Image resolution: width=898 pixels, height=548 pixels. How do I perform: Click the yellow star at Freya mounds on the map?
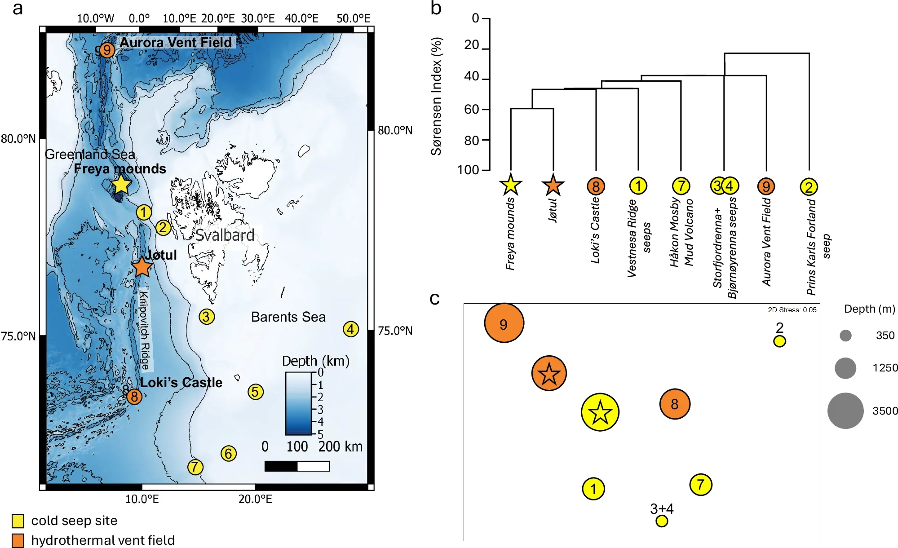click(121, 184)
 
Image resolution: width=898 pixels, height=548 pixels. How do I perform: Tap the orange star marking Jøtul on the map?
click(142, 267)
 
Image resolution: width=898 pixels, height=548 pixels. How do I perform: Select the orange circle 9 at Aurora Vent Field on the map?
click(106, 49)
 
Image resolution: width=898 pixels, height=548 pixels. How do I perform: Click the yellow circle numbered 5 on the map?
click(255, 392)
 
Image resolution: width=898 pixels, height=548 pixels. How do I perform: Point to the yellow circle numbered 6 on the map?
click(228, 453)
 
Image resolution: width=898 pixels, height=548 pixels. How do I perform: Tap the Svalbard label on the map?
click(225, 235)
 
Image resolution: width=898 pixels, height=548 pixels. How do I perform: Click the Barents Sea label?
click(288, 317)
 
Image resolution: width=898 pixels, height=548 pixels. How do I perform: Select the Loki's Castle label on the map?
click(181, 383)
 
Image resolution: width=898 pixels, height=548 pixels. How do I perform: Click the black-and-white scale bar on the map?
click(297, 466)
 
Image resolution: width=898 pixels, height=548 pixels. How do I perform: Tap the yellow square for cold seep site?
click(18, 521)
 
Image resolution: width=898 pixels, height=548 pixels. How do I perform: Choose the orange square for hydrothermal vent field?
click(18, 540)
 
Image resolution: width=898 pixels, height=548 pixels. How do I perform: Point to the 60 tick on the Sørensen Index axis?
click(472, 109)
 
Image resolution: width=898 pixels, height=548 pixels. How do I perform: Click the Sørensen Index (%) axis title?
click(436, 96)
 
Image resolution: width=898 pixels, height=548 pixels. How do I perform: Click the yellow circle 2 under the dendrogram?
click(809, 187)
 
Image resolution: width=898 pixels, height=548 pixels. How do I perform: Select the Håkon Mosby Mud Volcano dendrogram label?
click(681, 233)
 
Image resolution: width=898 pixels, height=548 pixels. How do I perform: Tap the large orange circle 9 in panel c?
click(504, 323)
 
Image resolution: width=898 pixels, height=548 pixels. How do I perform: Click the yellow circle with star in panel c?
click(600, 412)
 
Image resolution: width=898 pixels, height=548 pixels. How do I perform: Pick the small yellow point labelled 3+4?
click(661, 521)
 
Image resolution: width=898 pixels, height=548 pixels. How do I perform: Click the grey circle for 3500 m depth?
click(845, 411)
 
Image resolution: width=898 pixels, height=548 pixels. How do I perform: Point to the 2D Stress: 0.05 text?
click(792, 310)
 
